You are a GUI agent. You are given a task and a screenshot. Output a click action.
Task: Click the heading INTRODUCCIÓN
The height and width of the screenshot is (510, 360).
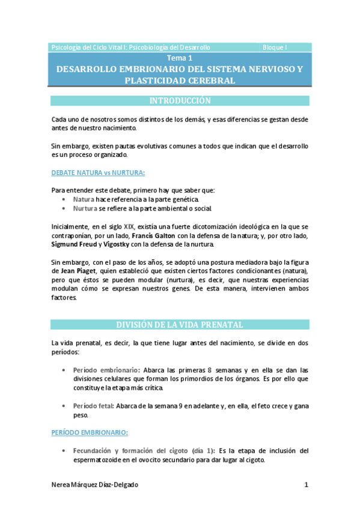[180, 100]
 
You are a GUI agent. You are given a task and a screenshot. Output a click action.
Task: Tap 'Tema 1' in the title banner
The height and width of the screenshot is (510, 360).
[180, 58]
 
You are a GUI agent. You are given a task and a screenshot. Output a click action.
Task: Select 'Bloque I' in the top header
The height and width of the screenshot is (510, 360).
[275, 47]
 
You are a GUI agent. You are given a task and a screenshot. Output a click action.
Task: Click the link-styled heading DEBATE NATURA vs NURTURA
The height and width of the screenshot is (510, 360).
[98, 173]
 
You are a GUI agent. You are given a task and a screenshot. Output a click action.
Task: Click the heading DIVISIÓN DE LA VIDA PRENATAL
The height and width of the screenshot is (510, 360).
[180, 325]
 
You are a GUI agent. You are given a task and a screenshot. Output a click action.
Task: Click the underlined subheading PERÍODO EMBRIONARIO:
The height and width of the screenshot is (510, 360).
[90, 432]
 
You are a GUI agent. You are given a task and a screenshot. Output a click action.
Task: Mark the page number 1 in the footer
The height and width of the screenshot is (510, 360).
[306, 485]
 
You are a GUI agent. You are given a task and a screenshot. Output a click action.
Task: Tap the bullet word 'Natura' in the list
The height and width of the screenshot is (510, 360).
[84, 198]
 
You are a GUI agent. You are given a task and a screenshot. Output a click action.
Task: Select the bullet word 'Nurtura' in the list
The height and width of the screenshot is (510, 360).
[85, 208]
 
